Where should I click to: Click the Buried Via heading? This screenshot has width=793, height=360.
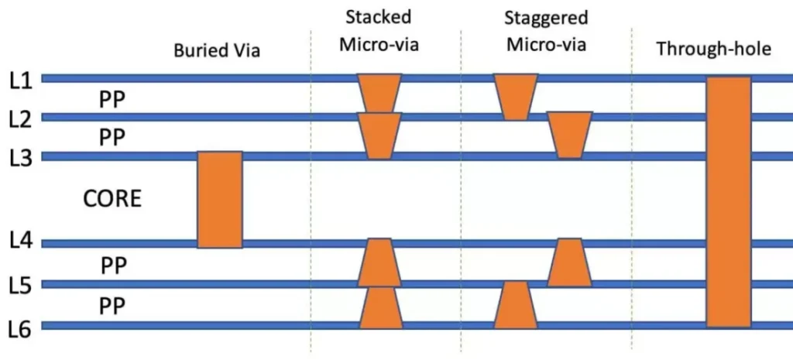pos(216,52)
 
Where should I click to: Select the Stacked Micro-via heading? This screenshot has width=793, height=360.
pos(379,30)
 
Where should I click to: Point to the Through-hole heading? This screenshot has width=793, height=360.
pos(714,50)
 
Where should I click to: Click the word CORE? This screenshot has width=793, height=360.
pos(112,199)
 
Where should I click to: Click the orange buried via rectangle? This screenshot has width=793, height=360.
pos(220,199)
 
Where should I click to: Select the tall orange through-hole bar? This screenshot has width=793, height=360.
pos(729,201)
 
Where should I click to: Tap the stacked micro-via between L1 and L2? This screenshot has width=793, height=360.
pos(379,93)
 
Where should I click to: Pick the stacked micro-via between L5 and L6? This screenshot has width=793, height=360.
pos(379,307)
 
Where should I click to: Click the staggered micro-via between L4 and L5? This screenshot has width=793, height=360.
pos(569,262)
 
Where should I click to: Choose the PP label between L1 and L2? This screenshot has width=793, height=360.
pos(112,98)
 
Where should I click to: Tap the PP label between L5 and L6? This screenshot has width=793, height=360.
pos(112,306)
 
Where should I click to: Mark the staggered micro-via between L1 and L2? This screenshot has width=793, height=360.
pos(516,97)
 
